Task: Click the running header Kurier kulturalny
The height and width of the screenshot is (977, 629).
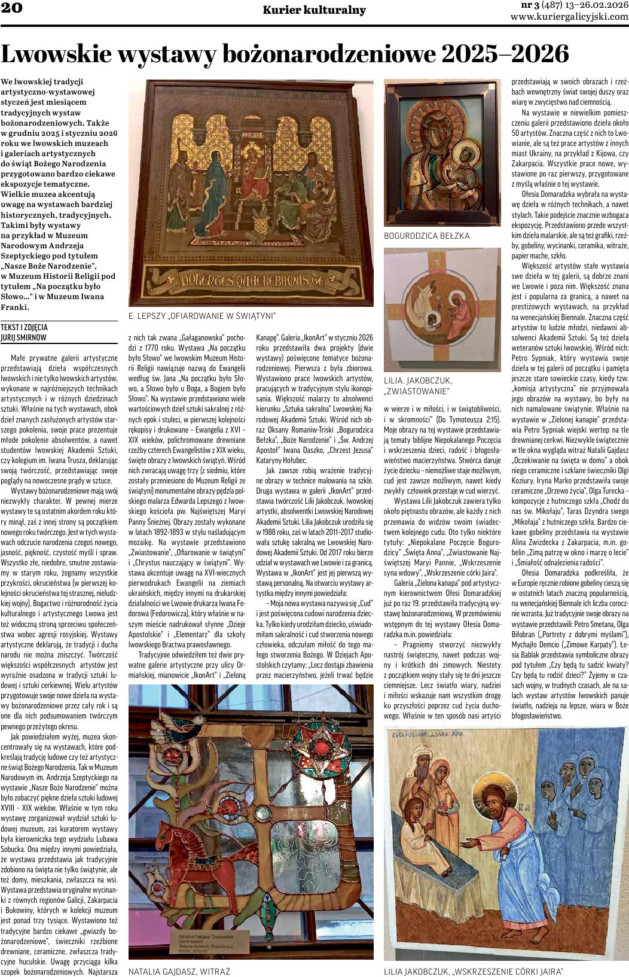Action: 314,10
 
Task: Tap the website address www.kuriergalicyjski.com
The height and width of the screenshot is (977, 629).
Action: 569,17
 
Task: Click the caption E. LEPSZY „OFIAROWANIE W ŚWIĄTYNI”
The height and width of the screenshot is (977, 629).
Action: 202,315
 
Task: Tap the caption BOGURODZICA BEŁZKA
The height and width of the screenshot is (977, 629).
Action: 427,236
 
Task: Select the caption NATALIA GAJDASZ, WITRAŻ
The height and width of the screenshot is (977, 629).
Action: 179,971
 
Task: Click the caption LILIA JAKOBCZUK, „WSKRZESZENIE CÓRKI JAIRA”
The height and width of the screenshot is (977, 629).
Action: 474,971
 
